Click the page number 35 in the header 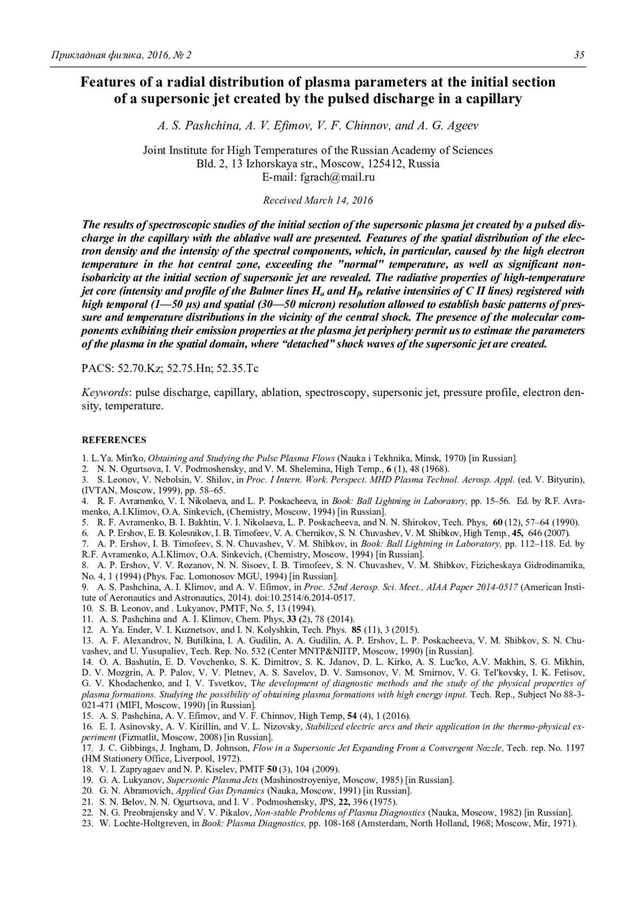click(x=579, y=55)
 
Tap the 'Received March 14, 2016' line click(x=318, y=200)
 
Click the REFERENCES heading click(x=114, y=440)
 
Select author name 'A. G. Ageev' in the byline click(x=451, y=126)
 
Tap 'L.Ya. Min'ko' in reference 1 click(x=116, y=458)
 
